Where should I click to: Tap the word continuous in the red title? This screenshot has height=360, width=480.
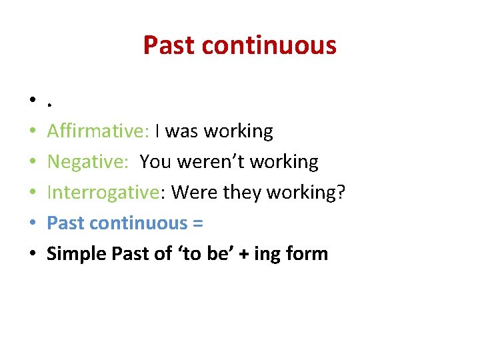269,45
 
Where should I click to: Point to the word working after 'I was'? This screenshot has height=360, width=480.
238,131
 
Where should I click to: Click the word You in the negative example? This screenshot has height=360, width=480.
155,162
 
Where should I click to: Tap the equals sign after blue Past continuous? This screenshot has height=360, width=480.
197,223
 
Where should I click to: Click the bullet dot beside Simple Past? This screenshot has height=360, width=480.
32,255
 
